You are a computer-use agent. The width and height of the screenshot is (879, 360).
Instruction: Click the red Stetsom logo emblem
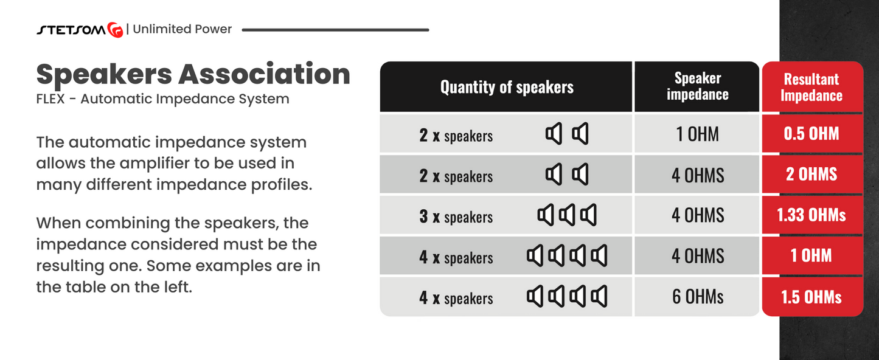[116, 30]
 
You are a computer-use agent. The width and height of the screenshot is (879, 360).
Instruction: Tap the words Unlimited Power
[182, 29]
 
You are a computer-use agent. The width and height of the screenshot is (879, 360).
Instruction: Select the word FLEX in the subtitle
[50, 99]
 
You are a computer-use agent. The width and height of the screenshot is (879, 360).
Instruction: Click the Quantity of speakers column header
[507, 87]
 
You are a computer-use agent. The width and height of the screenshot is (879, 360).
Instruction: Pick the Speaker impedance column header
[697, 86]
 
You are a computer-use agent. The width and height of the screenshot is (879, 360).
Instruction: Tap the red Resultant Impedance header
[811, 87]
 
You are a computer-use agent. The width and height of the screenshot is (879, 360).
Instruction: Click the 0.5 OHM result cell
[811, 134]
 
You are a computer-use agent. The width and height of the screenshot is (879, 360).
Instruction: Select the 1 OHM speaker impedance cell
[697, 134]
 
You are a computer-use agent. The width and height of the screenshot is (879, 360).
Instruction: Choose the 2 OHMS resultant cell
[811, 174]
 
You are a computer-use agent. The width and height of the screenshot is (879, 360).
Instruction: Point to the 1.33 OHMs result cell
[811, 215]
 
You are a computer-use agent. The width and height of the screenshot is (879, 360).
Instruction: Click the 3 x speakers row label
[456, 216]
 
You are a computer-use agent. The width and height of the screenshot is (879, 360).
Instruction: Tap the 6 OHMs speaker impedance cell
[697, 297]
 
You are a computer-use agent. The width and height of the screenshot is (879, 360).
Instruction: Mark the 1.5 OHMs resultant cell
[811, 297]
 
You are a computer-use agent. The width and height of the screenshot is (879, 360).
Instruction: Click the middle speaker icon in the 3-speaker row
[567, 215]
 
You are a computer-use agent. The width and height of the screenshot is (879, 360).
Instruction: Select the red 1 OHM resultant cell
[811, 255]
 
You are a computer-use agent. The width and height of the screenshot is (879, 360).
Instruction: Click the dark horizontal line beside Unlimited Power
[336, 30]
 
